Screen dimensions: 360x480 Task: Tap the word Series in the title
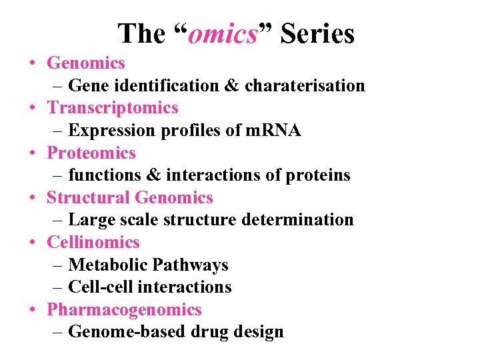pyautogui.click(x=317, y=33)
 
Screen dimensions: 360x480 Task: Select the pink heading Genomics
pyautogui.click(x=86, y=63)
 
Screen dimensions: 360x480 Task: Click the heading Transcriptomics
pyautogui.click(x=113, y=108)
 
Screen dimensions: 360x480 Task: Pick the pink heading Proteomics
pyautogui.click(x=91, y=153)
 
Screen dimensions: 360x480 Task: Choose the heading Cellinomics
pyautogui.click(x=93, y=243)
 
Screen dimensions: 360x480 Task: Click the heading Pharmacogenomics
pyautogui.click(x=124, y=310)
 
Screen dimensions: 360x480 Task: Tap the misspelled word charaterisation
pyautogui.click(x=305, y=86)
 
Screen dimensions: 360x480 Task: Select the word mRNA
pyautogui.click(x=274, y=131)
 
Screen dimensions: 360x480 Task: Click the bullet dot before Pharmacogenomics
pyautogui.click(x=33, y=310)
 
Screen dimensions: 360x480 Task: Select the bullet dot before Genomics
pyautogui.click(x=33, y=63)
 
